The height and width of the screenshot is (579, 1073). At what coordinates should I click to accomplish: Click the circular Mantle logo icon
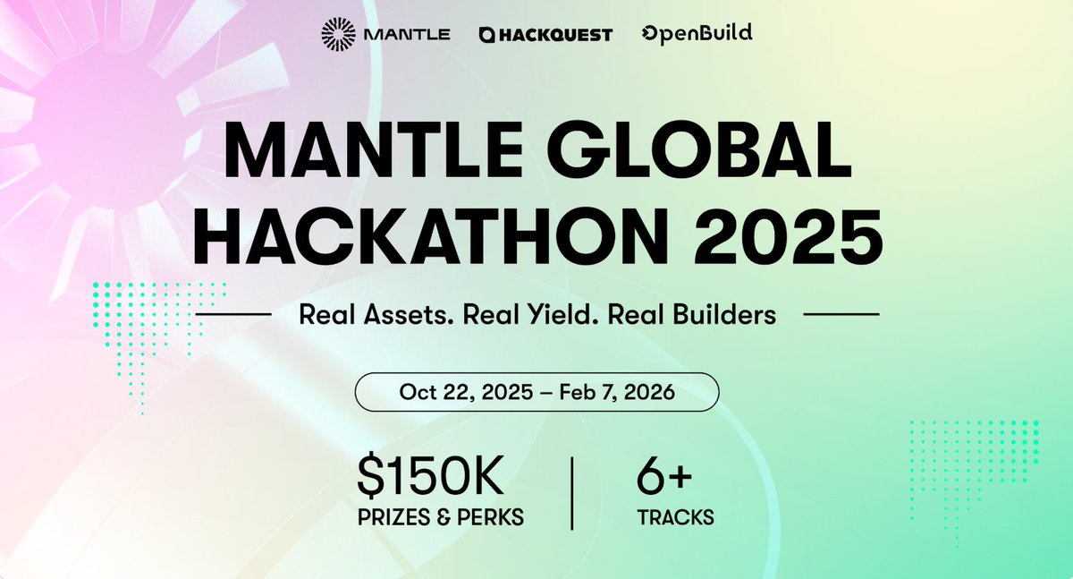(338, 34)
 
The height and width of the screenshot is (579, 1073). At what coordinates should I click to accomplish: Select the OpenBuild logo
(697, 33)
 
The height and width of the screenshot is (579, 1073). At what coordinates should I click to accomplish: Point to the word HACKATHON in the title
(427, 236)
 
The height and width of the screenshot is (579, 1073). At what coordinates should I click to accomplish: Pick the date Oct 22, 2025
(466, 392)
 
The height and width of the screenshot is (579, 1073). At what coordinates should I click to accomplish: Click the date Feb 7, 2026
(617, 392)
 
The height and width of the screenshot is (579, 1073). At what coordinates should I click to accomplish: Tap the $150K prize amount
(430, 476)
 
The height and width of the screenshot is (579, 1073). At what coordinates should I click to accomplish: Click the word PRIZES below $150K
(393, 517)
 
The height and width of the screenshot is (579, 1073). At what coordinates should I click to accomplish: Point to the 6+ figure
(664, 476)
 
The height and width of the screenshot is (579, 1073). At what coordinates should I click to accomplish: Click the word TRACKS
(675, 517)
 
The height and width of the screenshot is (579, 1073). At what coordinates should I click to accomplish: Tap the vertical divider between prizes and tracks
(572, 494)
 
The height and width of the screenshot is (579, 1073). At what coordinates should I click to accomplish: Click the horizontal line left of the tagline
(233, 314)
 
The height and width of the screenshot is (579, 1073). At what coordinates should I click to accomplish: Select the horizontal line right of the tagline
(841, 314)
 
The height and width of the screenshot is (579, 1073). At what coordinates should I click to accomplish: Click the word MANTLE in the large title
(374, 149)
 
